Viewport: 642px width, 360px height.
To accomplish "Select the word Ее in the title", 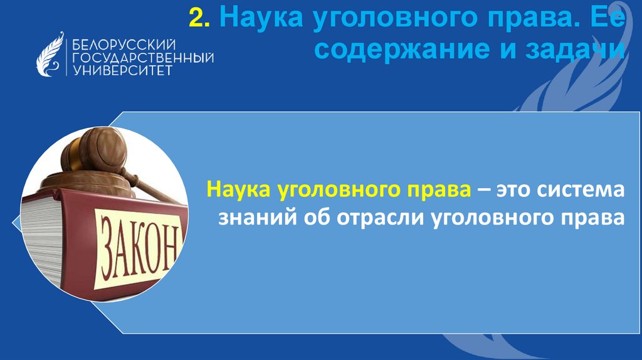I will (608, 19).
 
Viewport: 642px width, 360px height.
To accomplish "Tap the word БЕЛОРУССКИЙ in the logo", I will (123, 45).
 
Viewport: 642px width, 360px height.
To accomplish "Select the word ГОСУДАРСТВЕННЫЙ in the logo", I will (143, 58).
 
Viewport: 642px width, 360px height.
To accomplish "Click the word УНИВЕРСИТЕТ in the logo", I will (122, 70).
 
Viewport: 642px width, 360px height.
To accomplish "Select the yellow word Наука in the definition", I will (237, 190).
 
